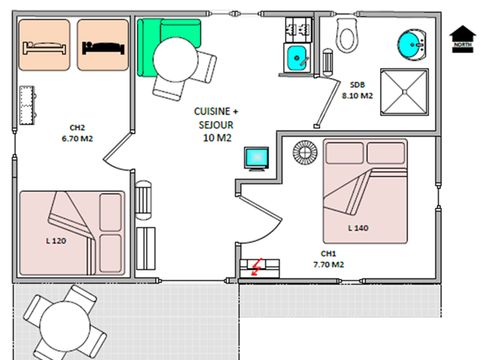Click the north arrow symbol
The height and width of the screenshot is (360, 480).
(x=461, y=37)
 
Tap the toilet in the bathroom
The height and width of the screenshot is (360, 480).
(x=346, y=37)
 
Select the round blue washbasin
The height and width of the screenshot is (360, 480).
(x=410, y=45)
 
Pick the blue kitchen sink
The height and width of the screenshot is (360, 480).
(x=298, y=58)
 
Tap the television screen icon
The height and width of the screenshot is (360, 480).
(x=258, y=159)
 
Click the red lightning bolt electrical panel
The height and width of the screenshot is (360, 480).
(x=257, y=266)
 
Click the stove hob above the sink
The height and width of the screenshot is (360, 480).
(x=297, y=29)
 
